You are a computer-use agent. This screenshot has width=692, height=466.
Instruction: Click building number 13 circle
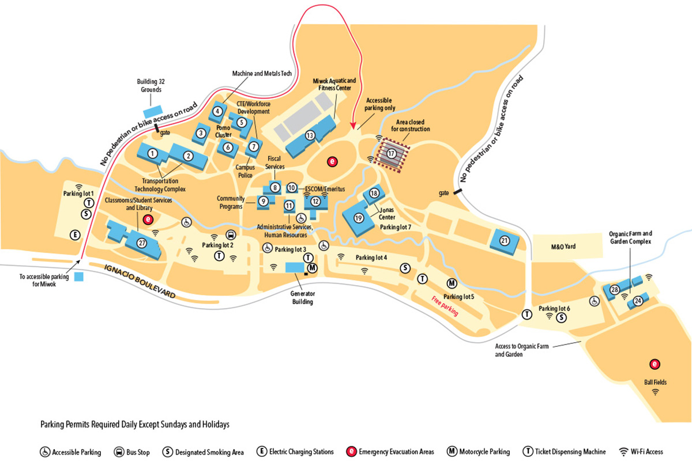click(310, 135)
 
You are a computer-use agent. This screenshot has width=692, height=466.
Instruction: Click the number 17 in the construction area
click(392, 154)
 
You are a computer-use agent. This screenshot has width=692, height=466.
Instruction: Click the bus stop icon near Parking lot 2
click(231, 235)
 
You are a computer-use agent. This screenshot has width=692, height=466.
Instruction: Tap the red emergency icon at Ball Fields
click(655, 363)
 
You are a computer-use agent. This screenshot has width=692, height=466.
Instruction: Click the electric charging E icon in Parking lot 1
click(74, 234)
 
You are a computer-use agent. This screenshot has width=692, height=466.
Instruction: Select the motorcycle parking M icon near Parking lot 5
click(452, 283)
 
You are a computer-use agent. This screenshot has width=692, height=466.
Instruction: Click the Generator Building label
click(302, 297)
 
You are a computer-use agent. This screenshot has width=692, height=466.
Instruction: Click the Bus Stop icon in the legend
click(121, 452)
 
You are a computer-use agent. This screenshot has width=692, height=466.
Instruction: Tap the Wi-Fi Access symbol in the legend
click(623, 452)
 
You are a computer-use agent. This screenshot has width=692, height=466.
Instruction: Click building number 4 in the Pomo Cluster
click(217, 111)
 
